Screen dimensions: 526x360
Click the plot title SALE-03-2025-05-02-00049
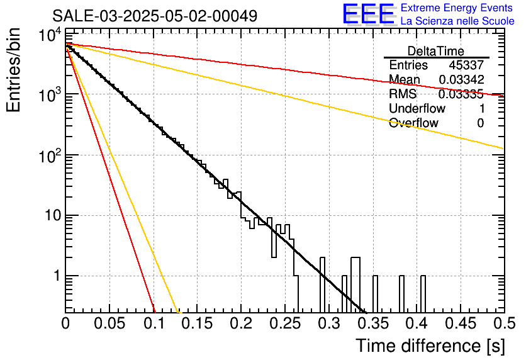point(155,16)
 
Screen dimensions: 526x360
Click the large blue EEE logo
point(369,14)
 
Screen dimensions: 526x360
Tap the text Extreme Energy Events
point(457,8)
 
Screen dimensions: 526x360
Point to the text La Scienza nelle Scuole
point(457,21)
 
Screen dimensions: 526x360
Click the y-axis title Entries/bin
point(13,70)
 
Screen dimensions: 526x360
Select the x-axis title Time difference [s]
point(430,346)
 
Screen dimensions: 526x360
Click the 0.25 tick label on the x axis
point(284,323)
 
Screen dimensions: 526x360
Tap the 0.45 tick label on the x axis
point(461,323)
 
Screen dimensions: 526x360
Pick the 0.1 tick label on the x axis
point(154,323)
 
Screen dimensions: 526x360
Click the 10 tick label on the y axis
point(53,215)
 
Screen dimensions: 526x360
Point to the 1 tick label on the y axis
point(57,276)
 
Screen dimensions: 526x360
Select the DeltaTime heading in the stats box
point(436,51)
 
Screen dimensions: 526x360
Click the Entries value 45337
point(466,65)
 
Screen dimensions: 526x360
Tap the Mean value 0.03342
point(462,79)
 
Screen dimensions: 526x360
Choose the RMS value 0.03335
point(461,94)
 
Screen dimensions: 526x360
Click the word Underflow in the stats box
point(417,108)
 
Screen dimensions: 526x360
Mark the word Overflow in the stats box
point(413,123)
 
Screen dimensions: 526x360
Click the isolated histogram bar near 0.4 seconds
point(423,294)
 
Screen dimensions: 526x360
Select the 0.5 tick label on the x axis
point(505,323)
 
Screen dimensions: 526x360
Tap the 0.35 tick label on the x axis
point(372,323)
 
